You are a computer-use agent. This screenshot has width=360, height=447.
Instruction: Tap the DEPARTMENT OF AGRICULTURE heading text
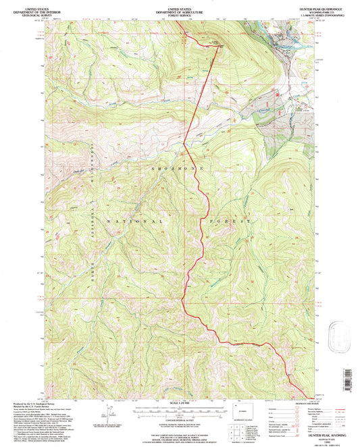[x=180, y=8]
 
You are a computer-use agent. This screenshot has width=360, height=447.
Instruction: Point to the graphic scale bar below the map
[x=180, y=411]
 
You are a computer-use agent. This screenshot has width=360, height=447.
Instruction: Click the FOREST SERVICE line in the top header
[x=180, y=12]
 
